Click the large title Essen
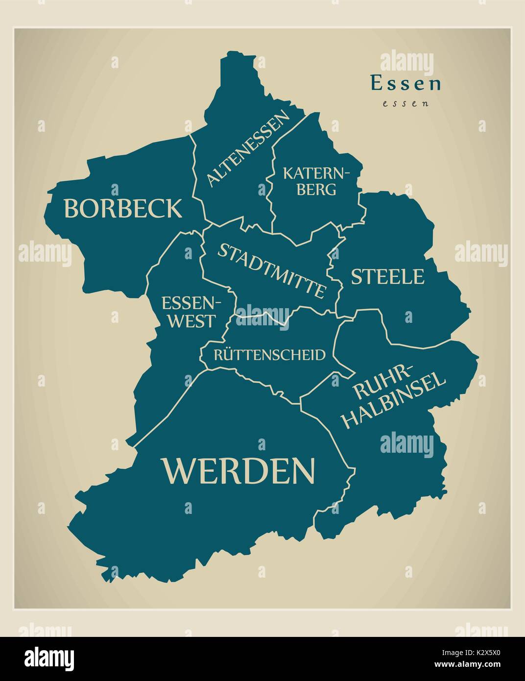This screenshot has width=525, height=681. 406,84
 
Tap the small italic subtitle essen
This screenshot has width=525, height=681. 406,103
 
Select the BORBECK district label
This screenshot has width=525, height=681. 122,208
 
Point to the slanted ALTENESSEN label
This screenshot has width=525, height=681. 247,148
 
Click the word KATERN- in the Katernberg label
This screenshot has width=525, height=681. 317,173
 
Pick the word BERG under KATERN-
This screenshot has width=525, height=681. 316,190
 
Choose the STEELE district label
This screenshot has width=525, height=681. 387,277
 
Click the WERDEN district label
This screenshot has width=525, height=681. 239,470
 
